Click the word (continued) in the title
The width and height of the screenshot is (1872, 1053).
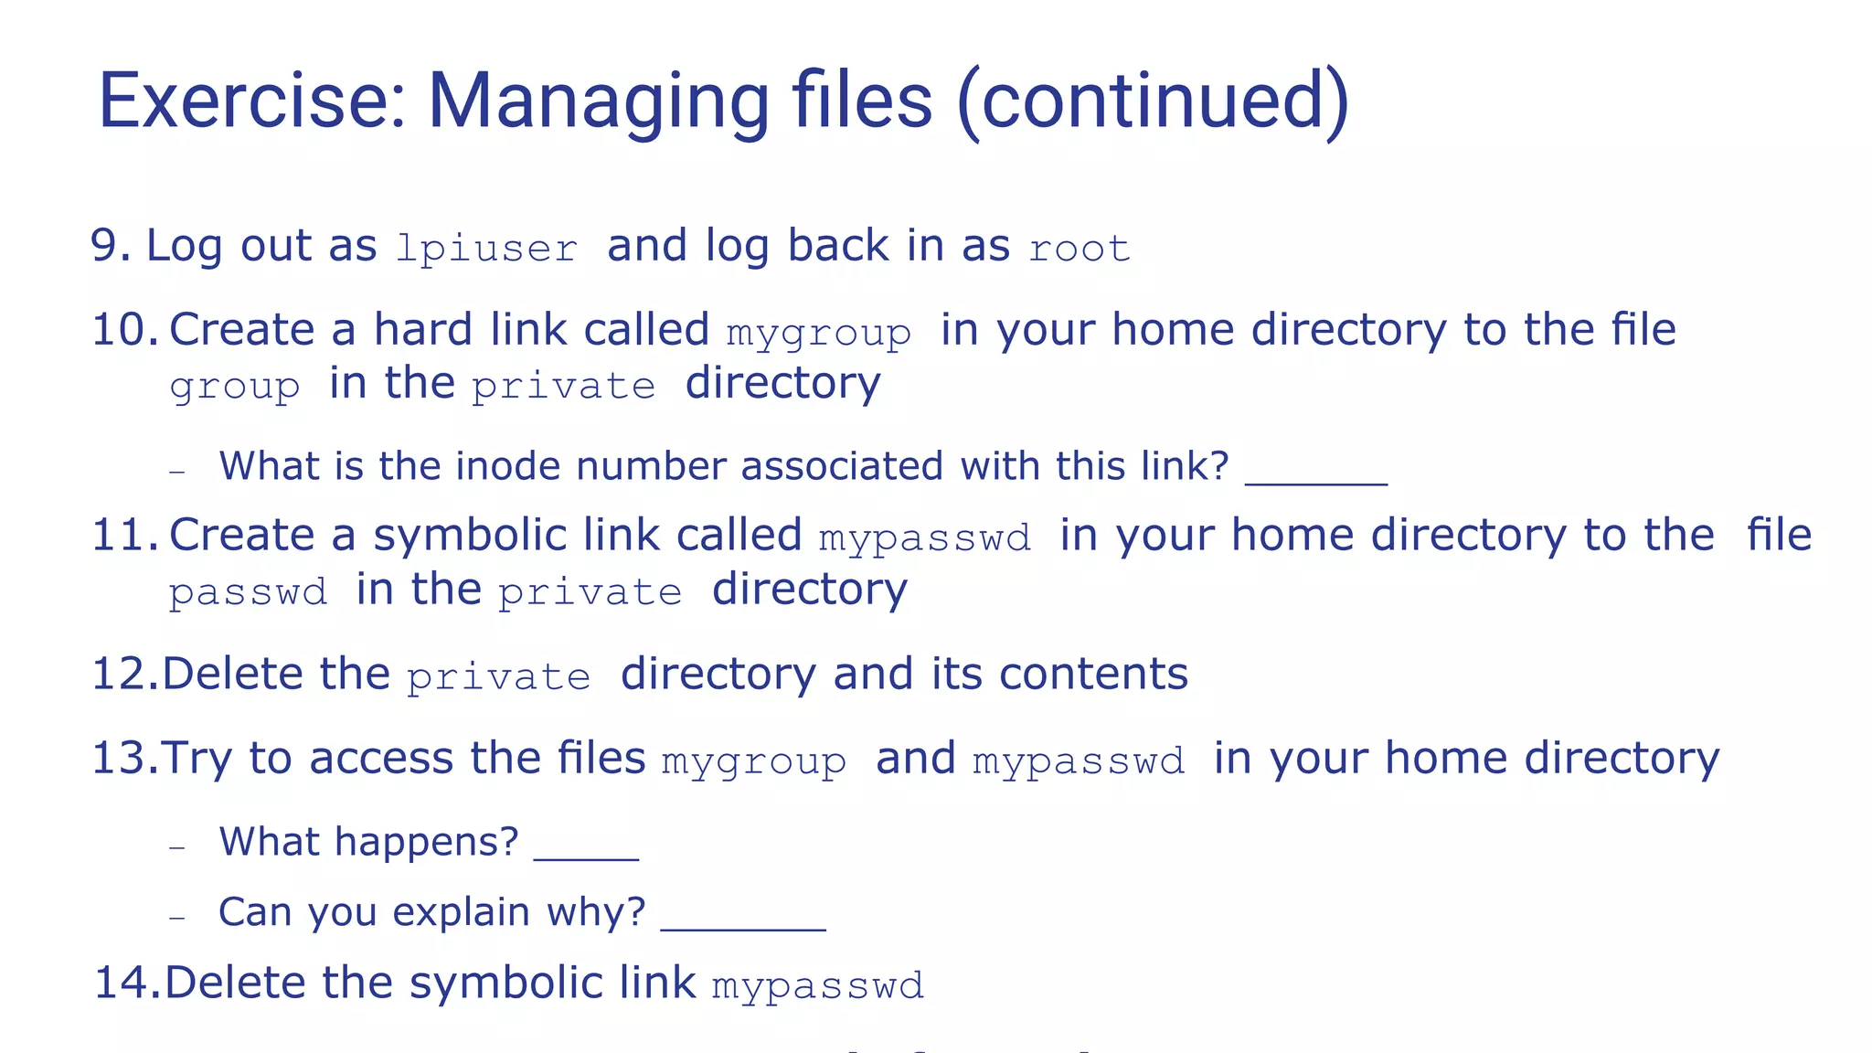coord(1153,101)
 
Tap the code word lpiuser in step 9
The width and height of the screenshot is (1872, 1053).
coord(487,249)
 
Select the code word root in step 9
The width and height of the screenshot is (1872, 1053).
coord(1080,249)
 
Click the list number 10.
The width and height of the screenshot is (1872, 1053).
coord(125,330)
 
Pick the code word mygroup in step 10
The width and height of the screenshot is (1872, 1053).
coord(819,334)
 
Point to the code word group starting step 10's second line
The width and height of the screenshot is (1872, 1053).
coord(235,387)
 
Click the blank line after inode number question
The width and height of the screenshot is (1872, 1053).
coord(1316,481)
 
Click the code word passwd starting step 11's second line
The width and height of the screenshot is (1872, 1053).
coord(249,593)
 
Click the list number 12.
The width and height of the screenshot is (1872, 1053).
coord(125,675)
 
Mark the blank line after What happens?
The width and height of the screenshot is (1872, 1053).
coord(586,857)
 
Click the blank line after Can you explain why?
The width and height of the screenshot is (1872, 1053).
coord(743,928)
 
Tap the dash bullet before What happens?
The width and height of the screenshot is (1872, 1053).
coord(177,847)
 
